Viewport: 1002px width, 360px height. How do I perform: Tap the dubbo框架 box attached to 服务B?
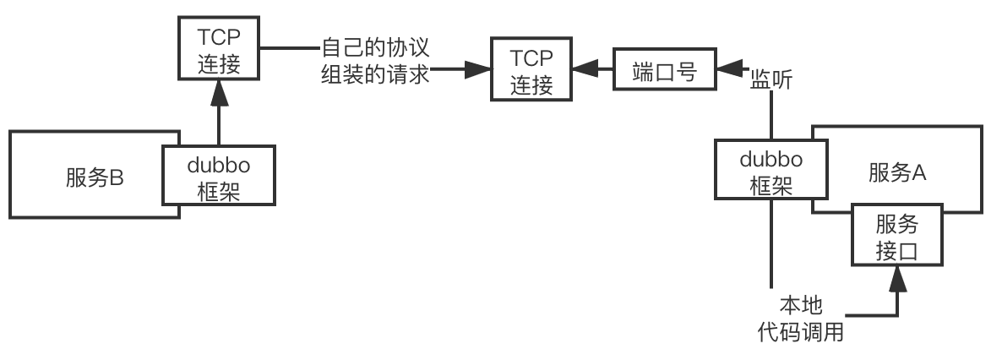click(x=219, y=175)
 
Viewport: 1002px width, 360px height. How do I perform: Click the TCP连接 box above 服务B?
click(x=219, y=49)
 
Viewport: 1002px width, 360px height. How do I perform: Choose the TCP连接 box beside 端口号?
click(x=532, y=72)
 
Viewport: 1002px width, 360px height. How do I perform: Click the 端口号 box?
click(x=664, y=73)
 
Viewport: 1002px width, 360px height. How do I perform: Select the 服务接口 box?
click(x=896, y=237)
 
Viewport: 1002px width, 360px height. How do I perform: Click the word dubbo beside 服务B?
click(x=219, y=164)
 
